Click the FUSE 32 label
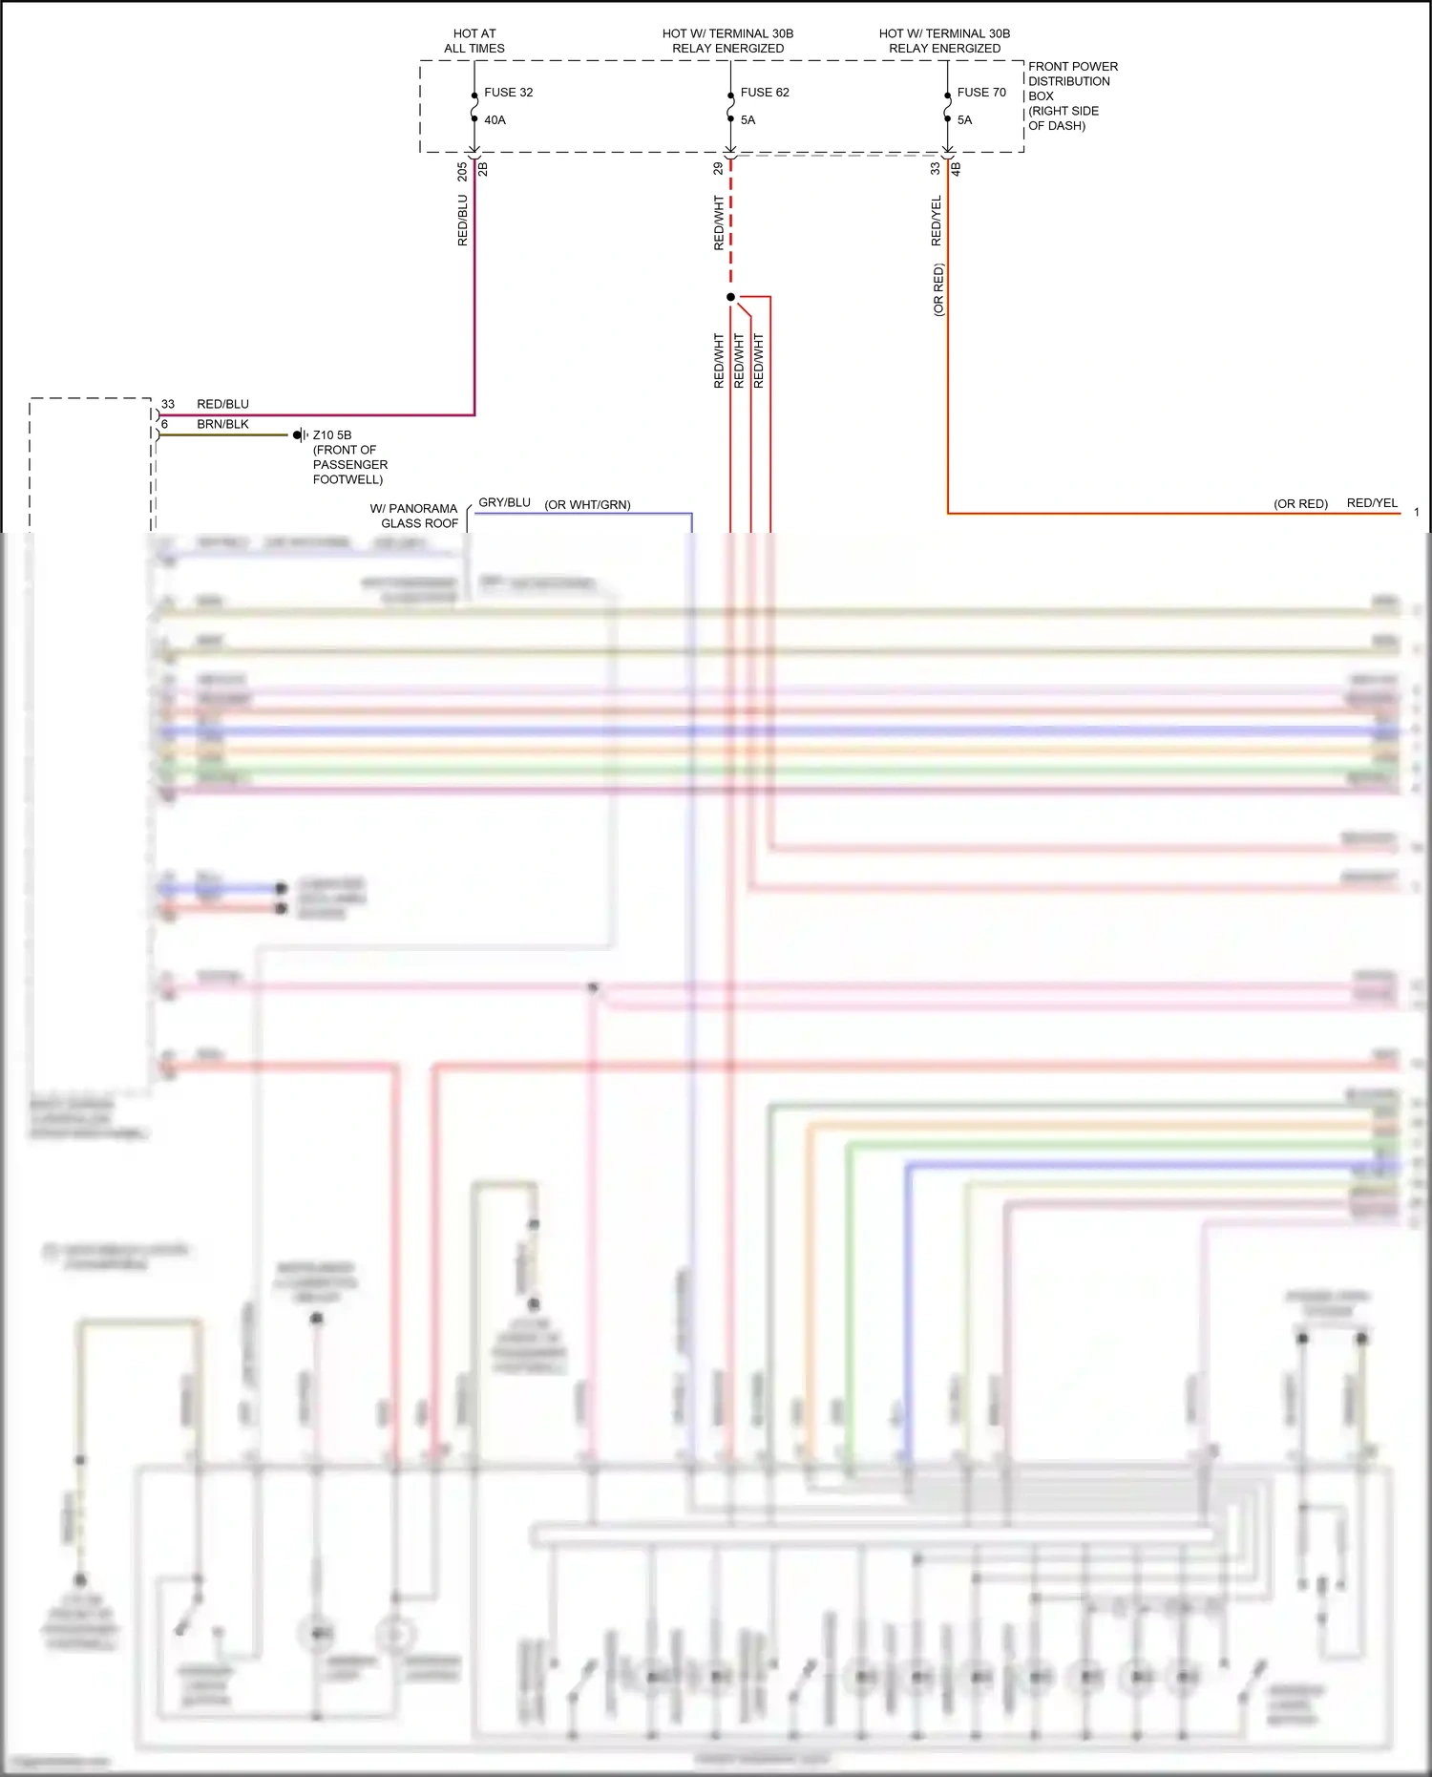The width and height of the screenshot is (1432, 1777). [x=508, y=93]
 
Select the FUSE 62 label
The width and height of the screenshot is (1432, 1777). [x=764, y=93]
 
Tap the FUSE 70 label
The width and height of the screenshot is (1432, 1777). [x=980, y=93]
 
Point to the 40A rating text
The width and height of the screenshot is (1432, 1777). [x=495, y=120]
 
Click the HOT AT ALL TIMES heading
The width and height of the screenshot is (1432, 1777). [x=474, y=41]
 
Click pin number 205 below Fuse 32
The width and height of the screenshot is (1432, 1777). [x=462, y=171]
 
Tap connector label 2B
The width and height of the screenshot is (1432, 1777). [x=483, y=169]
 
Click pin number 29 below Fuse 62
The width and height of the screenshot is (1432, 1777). [x=718, y=168]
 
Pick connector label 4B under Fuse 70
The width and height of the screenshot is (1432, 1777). [x=956, y=168]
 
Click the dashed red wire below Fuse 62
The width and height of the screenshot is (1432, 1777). [x=730, y=229]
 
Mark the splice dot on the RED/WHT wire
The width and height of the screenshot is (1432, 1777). [x=730, y=297]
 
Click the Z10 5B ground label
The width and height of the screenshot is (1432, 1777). [x=332, y=435]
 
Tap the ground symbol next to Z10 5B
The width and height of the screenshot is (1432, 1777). [x=300, y=435]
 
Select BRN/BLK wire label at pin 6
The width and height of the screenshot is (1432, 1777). [x=222, y=424]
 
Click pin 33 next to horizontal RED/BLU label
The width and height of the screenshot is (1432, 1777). [x=168, y=404]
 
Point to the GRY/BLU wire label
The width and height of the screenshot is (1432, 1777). [x=504, y=502]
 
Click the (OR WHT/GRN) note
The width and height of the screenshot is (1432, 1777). [x=587, y=505]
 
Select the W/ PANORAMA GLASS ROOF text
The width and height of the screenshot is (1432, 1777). [x=415, y=516]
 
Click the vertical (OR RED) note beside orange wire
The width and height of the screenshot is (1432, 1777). [x=938, y=289]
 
